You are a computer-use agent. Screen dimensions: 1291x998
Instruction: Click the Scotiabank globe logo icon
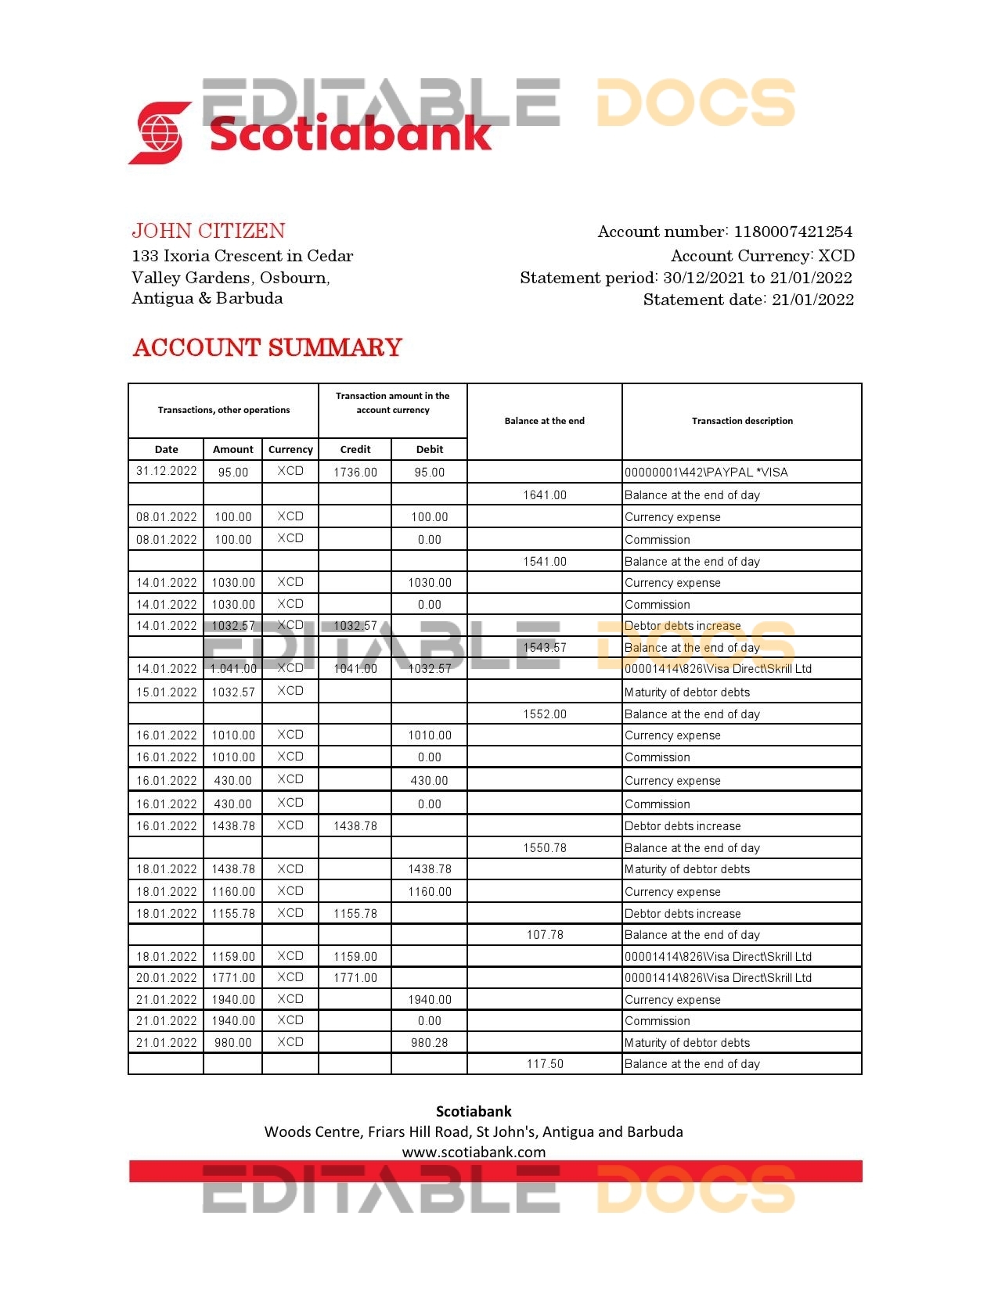[160, 133]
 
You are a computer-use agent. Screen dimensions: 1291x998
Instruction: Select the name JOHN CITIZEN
[208, 231]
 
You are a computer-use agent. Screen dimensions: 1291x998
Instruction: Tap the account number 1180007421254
[792, 232]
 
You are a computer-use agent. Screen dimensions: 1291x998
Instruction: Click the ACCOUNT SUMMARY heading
[268, 347]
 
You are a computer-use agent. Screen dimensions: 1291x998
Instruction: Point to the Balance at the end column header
[544, 421]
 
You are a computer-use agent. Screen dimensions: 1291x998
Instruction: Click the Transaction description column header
[742, 421]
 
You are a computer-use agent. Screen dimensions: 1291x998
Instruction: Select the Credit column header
[355, 449]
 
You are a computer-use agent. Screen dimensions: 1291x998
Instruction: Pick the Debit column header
[430, 449]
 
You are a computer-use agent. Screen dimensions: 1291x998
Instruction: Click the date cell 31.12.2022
[166, 471]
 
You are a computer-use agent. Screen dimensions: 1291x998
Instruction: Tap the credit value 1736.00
[355, 473]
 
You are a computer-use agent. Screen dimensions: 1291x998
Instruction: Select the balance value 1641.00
[545, 495]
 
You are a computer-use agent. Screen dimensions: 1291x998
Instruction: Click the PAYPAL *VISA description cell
[706, 473]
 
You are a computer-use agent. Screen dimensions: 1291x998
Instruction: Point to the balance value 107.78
[545, 935]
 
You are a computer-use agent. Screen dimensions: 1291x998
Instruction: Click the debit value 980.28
[430, 1043]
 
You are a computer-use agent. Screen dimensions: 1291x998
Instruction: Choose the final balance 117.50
[545, 1064]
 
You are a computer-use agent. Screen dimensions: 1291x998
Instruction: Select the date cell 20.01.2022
[166, 978]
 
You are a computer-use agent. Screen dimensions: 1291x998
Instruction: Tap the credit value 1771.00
[355, 978]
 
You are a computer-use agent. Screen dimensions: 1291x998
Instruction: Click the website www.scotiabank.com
[474, 1152]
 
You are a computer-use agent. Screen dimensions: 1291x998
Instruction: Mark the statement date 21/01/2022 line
[748, 300]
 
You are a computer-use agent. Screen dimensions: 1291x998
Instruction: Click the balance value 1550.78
[545, 848]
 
